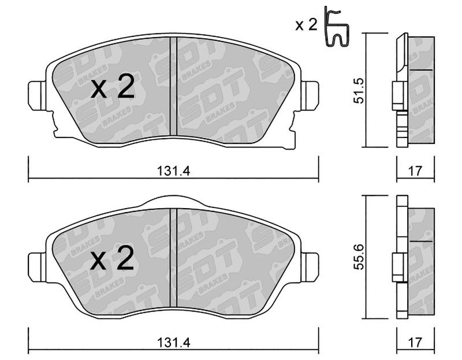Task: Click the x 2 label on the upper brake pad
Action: tap(113, 88)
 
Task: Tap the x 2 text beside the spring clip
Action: tap(306, 25)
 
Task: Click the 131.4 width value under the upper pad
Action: tap(173, 170)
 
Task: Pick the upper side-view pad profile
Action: tap(416, 90)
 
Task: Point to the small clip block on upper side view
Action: tap(399, 96)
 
